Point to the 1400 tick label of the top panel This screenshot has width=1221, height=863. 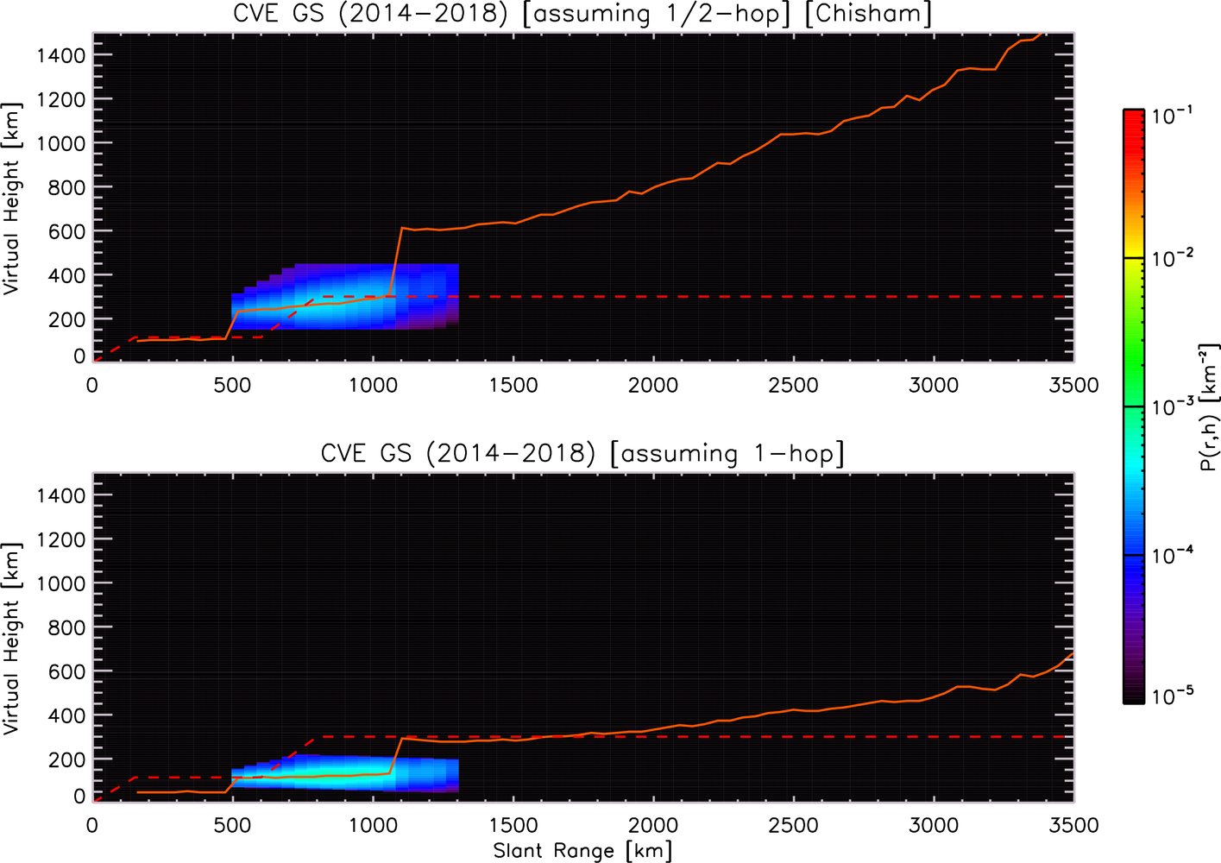[x=61, y=55]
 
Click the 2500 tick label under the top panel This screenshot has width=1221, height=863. [x=793, y=386]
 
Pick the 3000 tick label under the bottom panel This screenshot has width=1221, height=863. [x=933, y=825]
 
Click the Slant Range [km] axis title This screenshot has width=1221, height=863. [x=582, y=851]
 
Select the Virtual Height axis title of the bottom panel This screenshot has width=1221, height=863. [x=11, y=638]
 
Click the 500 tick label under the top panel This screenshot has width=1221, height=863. [x=232, y=386]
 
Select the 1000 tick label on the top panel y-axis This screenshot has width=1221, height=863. [x=61, y=143]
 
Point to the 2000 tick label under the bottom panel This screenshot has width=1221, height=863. [x=653, y=825]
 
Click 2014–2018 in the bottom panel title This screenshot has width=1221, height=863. [x=510, y=454]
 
